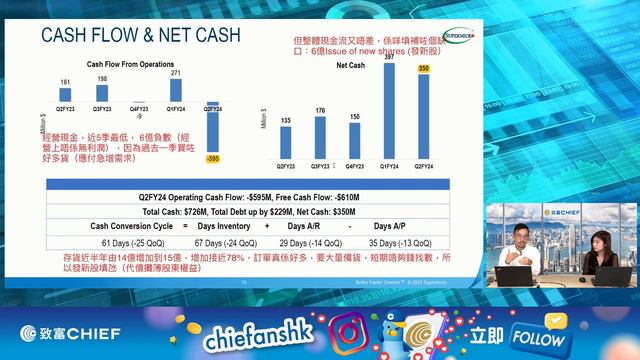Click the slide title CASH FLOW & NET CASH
140,36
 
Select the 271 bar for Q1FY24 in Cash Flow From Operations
176,89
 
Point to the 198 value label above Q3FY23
102,79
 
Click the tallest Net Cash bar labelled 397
388,110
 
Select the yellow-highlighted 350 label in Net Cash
423,68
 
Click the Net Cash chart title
350,65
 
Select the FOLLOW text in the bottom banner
538,337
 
